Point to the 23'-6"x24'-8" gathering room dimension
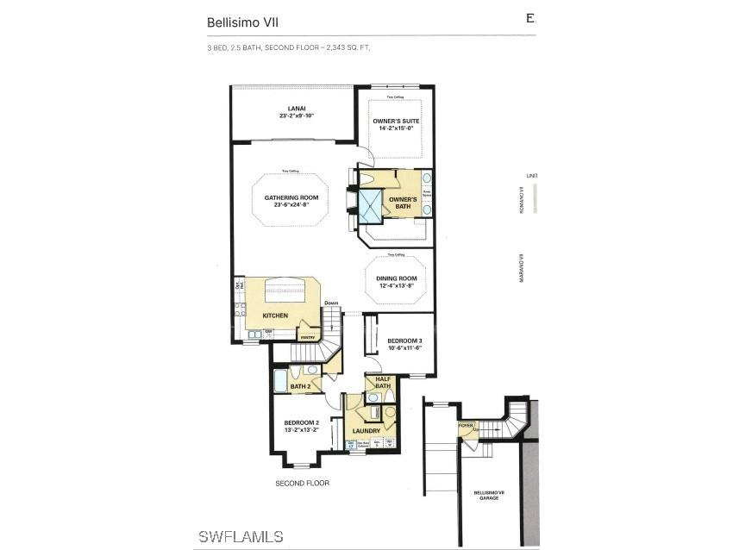[x=291, y=205]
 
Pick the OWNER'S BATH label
[x=404, y=203]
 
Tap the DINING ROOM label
[x=396, y=278]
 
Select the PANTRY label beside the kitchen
[x=305, y=338]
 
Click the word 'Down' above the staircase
[x=331, y=303]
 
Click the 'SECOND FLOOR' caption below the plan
[x=302, y=483]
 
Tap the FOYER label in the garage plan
[x=467, y=425]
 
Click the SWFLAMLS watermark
[x=241, y=537]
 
